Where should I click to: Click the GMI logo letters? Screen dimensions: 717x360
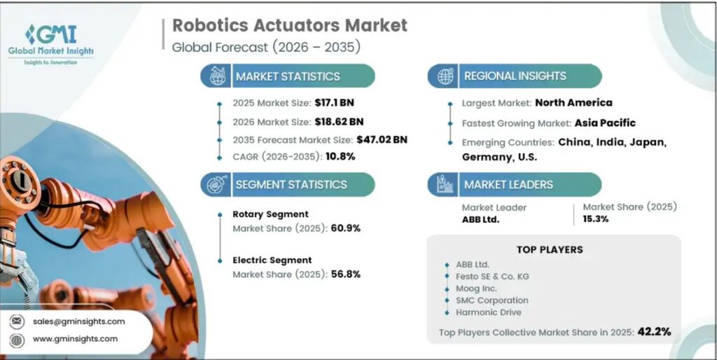51,34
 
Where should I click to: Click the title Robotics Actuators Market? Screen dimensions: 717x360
289,25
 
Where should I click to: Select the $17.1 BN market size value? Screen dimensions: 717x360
334,103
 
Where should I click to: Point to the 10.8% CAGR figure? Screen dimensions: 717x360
340,157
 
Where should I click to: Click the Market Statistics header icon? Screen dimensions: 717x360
218,76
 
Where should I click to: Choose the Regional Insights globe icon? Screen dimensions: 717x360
445,76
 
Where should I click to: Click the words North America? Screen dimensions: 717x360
573,102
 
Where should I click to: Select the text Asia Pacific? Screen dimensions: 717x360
605,123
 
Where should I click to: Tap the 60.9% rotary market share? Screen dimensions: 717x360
344,228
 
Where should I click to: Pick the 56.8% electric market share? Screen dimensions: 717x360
344,274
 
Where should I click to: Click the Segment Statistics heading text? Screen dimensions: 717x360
291,185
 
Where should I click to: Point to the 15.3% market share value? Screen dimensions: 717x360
595,219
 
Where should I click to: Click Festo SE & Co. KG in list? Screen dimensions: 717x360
492,276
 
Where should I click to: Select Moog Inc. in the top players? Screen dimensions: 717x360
476,289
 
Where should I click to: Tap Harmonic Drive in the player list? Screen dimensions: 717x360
488,312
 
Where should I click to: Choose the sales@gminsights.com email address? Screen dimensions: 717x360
78,321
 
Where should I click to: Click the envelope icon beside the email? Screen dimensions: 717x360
17,321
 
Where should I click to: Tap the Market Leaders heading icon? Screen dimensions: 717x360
445,185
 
